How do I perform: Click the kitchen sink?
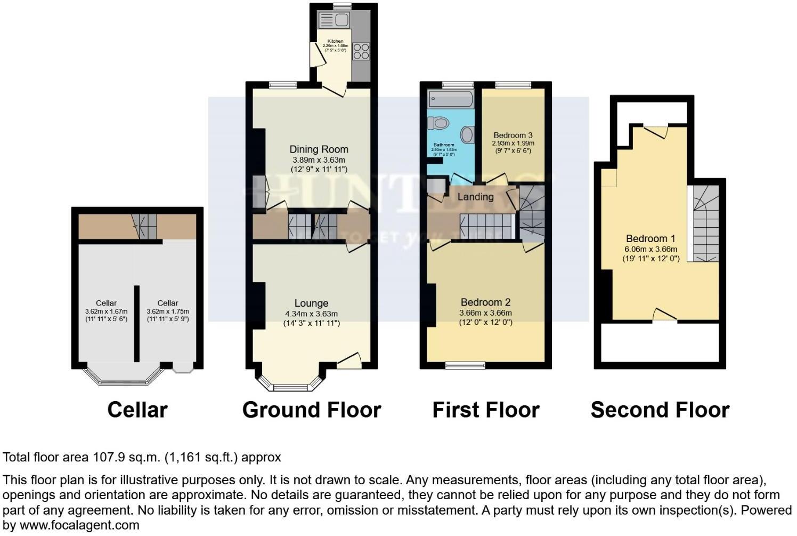[x=333, y=20]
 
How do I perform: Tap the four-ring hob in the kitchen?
[x=361, y=51]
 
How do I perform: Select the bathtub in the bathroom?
[x=451, y=99]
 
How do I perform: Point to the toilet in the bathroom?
[x=439, y=124]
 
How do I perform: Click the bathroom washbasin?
[x=467, y=134]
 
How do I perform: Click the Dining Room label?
[x=319, y=149]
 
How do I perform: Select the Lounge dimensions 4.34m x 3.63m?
[x=311, y=314]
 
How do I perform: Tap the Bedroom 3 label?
[x=513, y=135]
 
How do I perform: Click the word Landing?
[x=475, y=197]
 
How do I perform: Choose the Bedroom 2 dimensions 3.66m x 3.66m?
[x=485, y=313]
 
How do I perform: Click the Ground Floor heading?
[x=312, y=410]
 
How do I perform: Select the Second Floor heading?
[x=660, y=410]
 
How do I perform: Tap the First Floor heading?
[x=485, y=410]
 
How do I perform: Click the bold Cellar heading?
[x=137, y=410]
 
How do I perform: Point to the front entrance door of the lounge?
[x=349, y=362]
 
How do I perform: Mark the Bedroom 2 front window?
[x=466, y=365]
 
